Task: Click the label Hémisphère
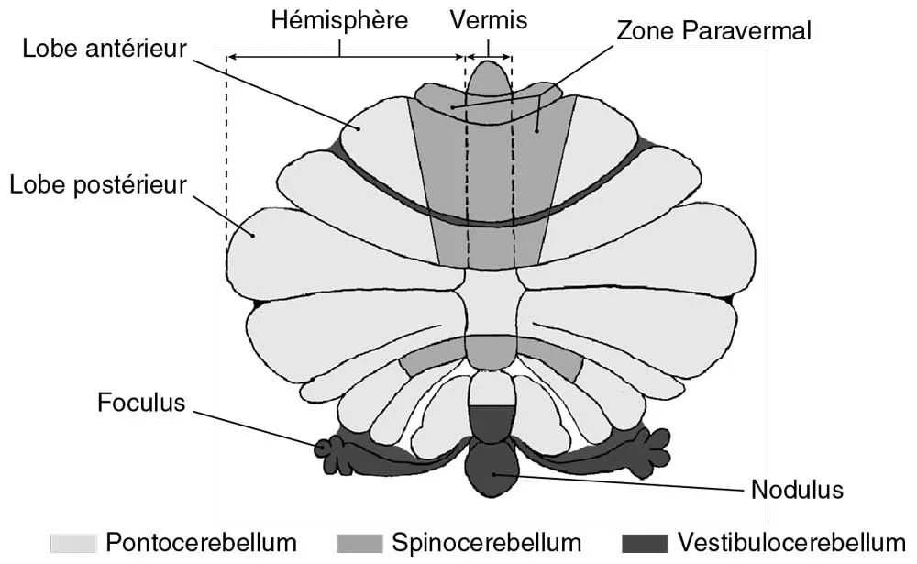[339, 20]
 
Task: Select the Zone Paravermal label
[713, 30]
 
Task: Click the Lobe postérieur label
[97, 184]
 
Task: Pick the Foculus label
[141, 403]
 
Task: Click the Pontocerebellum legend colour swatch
[72, 543]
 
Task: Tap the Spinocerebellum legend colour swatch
[360, 543]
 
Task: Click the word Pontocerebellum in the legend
[202, 543]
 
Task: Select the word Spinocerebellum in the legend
[487, 543]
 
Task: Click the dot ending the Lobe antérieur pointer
[360, 129]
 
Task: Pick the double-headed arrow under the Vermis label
[489, 57]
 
